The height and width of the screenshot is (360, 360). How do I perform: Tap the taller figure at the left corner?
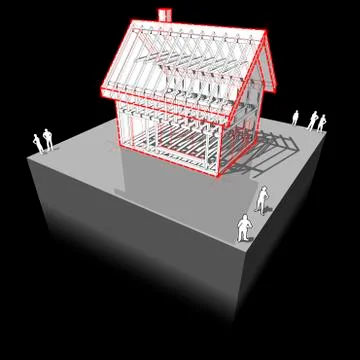(47, 141)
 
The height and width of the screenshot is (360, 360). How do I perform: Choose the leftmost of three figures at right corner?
(297, 118)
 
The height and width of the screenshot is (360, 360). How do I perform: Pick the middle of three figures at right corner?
(313, 120)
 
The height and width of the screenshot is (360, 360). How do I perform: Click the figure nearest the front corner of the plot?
(245, 229)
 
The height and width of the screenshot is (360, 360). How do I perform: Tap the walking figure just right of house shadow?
(263, 198)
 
